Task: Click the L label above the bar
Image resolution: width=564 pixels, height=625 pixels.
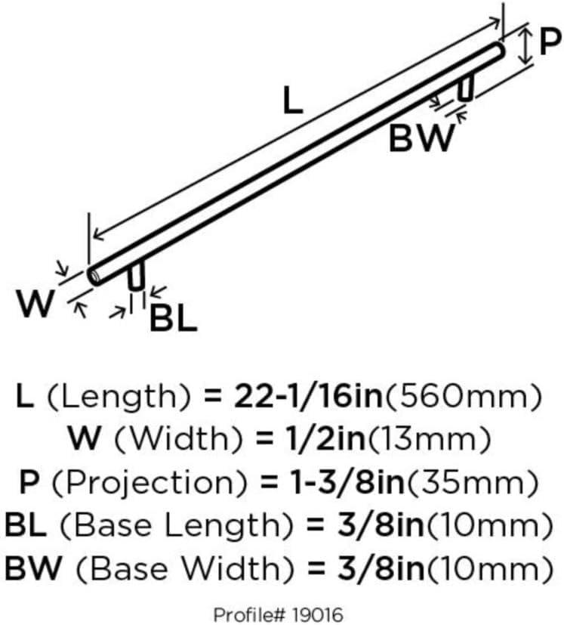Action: tap(293, 101)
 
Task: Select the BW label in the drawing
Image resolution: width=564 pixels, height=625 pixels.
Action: tap(422, 138)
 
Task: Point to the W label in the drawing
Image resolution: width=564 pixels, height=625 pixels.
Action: tap(35, 303)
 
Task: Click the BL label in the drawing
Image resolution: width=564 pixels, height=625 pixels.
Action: tap(173, 318)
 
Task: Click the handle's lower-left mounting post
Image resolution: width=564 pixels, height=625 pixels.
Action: tap(136, 276)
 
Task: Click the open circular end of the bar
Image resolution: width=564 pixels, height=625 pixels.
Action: tap(94, 276)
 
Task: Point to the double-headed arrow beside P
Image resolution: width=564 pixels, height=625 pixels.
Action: tap(525, 45)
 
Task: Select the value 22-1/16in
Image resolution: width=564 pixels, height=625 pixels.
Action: tap(308, 397)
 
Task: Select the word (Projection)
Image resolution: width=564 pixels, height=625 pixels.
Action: tap(149, 483)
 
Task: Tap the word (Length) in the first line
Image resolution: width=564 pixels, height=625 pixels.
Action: tap(119, 398)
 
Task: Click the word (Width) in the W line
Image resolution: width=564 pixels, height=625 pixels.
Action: tap(178, 439)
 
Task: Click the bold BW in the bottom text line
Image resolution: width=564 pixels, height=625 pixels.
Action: tap(33, 568)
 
